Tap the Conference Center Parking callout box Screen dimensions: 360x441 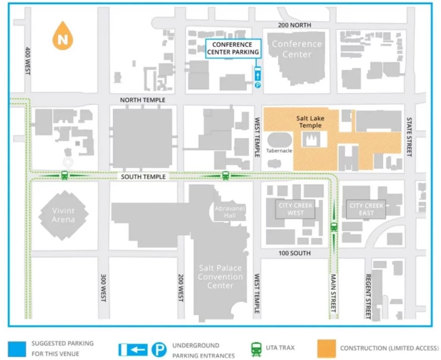[x=233, y=48]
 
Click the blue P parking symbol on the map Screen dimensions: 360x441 [x=258, y=86]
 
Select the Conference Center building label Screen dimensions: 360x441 [x=297, y=49]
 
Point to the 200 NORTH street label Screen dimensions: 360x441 [x=295, y=25]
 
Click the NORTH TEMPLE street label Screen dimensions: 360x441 [x=143, y=100]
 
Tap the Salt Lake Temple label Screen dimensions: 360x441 [x=311, y=122]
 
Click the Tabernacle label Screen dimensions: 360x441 [x=279, y=151]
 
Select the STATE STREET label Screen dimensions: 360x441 [x=409, y=137]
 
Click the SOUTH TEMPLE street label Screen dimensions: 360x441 [x=143, y=177]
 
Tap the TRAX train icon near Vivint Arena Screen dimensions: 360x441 [x=64, y=175]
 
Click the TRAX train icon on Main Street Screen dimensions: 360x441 [x=333, y=227]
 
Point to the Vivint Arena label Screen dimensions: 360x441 [x=63, y=215]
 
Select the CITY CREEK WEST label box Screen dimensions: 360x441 [x=295, y=209]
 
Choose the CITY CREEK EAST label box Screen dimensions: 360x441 [x=366, y=209]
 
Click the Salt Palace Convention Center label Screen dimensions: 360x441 [x=220, y=276]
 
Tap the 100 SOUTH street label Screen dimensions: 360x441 [x=295, y=253]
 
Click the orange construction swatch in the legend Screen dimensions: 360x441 [x=327, y=348]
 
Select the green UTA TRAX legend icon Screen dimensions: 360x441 [x=257, y=348]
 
